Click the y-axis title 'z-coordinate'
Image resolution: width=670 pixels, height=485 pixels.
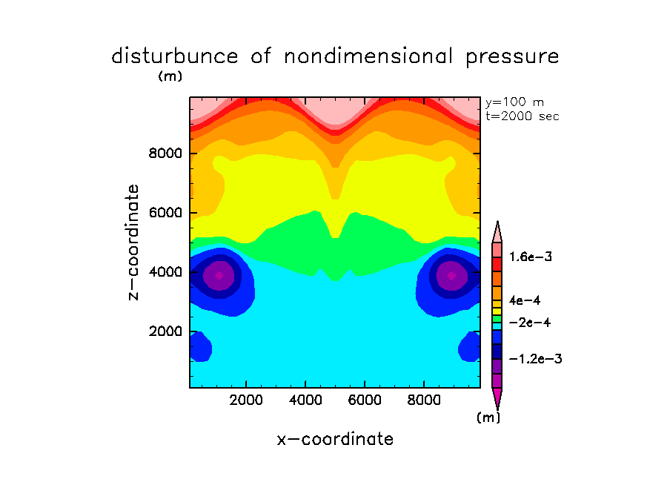point(134,242)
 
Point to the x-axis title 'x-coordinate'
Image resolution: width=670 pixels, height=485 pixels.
point(335,439)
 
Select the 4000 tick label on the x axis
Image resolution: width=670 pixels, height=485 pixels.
point(305,400)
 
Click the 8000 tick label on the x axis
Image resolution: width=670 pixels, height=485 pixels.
point(424,400)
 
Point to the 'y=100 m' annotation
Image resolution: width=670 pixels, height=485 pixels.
point(514,102)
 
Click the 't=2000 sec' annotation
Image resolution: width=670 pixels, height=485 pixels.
point(522,116)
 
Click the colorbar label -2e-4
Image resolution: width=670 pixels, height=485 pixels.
point(528,323)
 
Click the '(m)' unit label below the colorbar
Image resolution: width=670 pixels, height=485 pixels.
point(488,418)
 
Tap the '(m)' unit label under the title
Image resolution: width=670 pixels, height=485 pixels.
point(170,76)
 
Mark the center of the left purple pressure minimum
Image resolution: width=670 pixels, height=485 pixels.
point(219,274)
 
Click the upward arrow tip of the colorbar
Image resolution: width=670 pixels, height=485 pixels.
point(497,222)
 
